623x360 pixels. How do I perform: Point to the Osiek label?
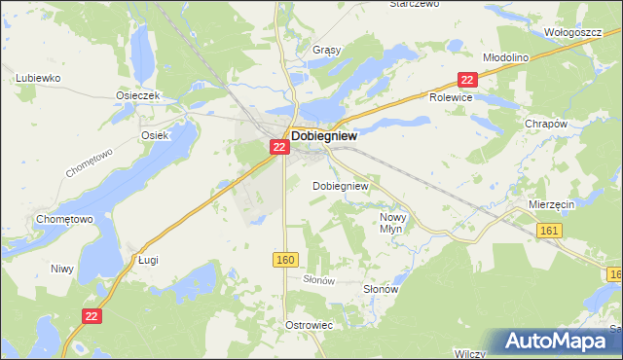(x=155, y=136)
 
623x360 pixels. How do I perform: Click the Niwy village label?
(x=62, y=268)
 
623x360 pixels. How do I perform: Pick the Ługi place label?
(x=148, y=261)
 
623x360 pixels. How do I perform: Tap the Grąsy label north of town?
(x=299, y=49)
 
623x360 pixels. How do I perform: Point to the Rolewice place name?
(x=451, y=98)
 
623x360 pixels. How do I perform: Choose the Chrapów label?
(x=546, y=124)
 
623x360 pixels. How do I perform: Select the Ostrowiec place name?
(x=310, y=324)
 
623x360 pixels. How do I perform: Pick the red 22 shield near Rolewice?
(x=468, y=80)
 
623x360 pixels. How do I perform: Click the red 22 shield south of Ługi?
(x=92, y=316)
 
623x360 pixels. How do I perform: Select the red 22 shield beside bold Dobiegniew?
(x=278, y=146)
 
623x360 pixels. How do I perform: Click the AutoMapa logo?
(x=555, y=342)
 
